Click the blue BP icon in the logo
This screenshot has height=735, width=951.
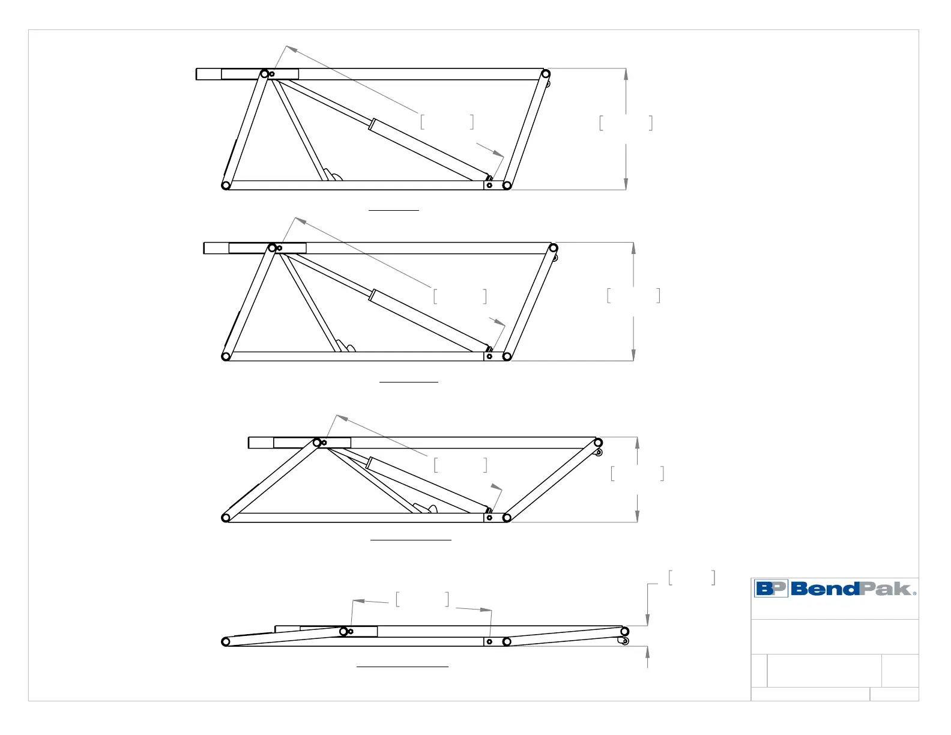tap(770, 588)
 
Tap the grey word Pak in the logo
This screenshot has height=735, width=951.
tap(886, 588)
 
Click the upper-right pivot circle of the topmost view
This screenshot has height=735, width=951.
tap(546, 74)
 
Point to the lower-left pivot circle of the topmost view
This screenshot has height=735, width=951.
tap(226, 186)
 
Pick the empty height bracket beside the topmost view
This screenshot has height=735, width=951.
tap(626, 123)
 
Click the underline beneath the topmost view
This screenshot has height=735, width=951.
tap(393, 210)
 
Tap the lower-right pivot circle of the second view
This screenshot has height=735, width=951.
tap(507, 357)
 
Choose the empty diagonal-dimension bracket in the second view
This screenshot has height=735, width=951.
tap(460, 296)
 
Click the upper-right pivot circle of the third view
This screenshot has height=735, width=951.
tap(598, 443)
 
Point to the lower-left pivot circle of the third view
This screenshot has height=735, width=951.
tap(226, 518)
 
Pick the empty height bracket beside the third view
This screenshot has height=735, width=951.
tap(637, 474)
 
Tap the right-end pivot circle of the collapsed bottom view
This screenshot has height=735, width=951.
tap(624, 632)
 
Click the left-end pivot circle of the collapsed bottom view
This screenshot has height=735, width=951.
tap(226, 642)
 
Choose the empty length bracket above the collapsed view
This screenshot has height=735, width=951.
tap(422, 599)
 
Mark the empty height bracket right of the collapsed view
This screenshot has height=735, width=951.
tap(692, 578)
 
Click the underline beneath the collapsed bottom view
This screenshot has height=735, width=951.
tap(402, 667)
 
